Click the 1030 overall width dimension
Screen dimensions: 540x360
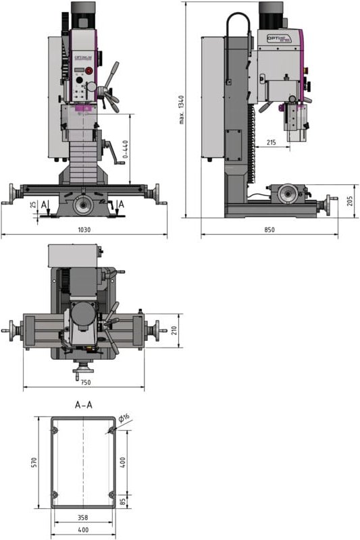point(84,230)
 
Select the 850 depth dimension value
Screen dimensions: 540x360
point(269,230)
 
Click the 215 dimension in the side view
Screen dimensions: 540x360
point(271,142)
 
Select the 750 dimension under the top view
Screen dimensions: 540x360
point(84,381)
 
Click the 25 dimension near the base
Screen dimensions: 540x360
point(34,205)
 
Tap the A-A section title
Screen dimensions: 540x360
point(84,406)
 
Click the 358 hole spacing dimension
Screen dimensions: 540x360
point(84,518)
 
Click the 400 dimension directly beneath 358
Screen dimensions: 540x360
point(84,529)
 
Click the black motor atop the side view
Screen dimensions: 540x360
point(273,13)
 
